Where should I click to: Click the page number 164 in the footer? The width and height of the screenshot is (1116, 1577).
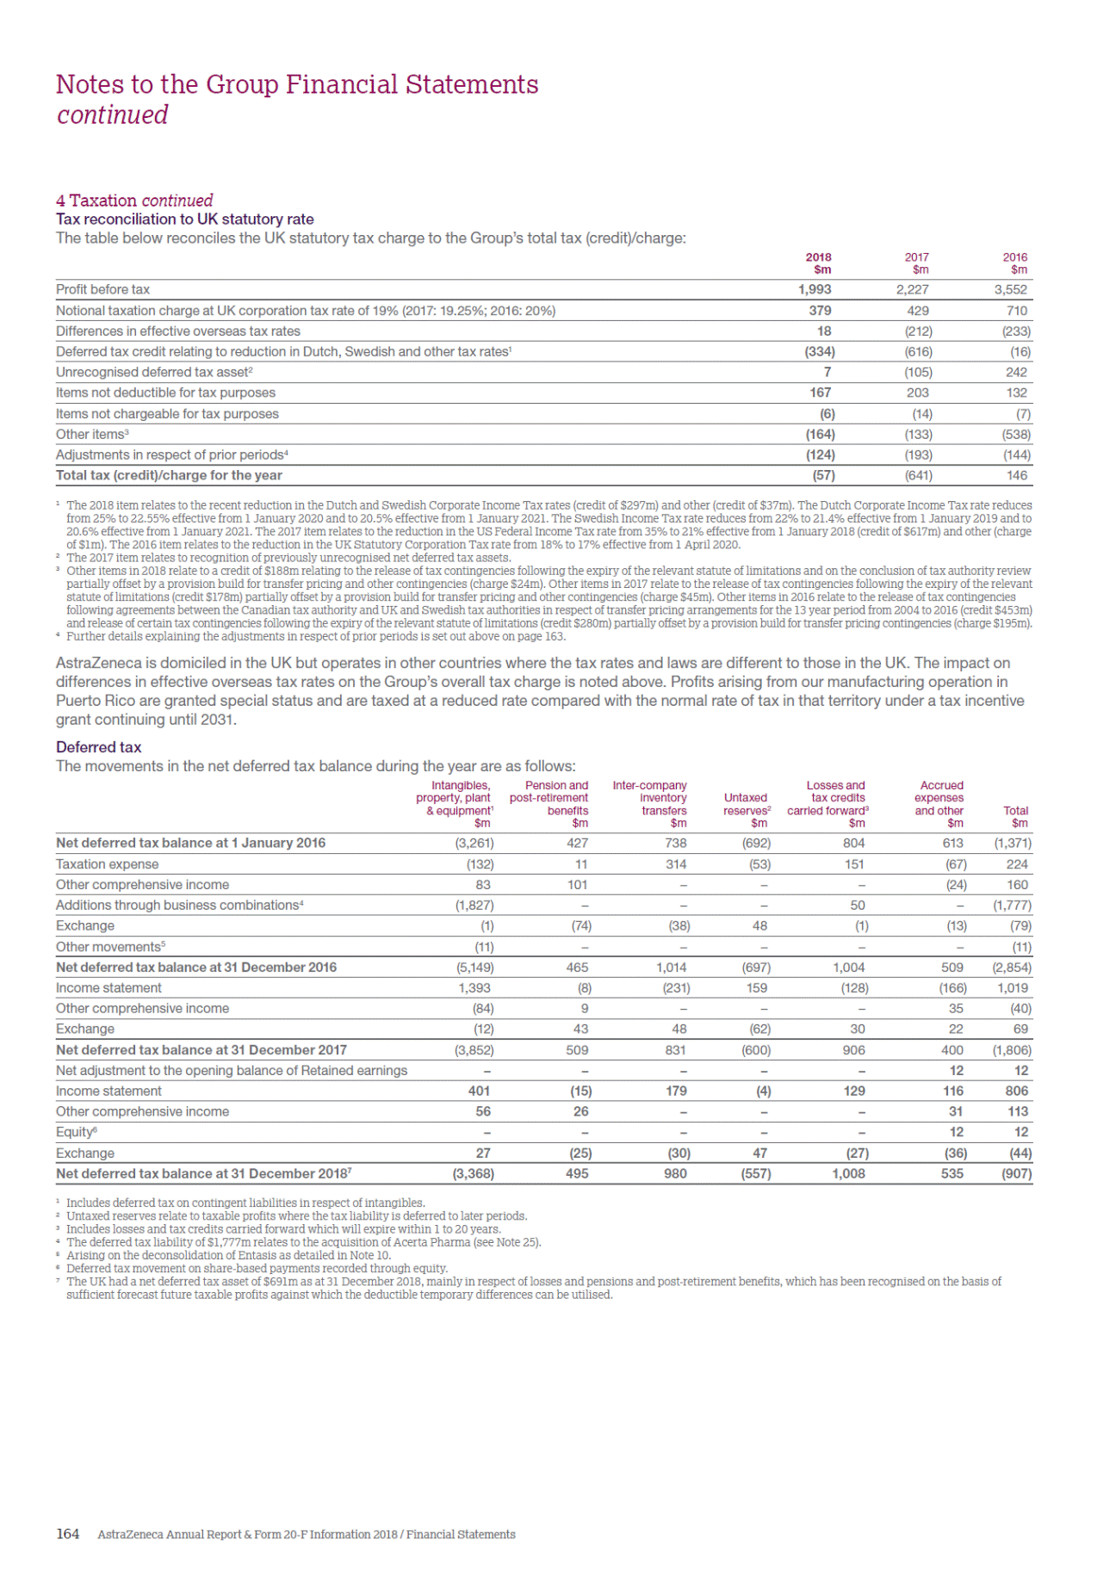(67, 1534)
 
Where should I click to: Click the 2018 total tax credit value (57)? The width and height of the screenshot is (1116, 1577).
(823, 475)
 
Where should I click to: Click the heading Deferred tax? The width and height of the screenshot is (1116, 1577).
(98, 747)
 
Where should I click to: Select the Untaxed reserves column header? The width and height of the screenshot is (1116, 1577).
(747, 804)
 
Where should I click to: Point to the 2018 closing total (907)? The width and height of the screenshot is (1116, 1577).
(1016, 1174)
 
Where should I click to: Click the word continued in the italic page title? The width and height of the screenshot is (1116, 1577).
(112, 115)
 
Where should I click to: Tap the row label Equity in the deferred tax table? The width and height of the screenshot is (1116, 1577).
(75, 1133)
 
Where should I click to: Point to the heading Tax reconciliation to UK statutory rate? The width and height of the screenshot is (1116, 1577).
(184, 220)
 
